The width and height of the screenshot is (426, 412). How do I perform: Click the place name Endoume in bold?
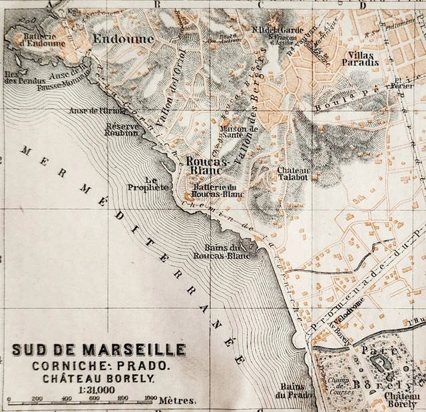point(123,39)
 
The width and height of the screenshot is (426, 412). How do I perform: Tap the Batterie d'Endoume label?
point(45,40)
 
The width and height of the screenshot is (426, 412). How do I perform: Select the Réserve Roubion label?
point(121,129)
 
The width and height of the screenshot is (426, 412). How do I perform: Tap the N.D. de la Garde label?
point(278,29)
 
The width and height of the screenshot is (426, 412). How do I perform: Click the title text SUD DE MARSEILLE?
point(99,350)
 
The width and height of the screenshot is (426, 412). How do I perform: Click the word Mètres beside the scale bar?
point(177,401)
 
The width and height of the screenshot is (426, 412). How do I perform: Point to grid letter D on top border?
point(363,5)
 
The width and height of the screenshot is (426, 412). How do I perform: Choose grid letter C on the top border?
point(261,5)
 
